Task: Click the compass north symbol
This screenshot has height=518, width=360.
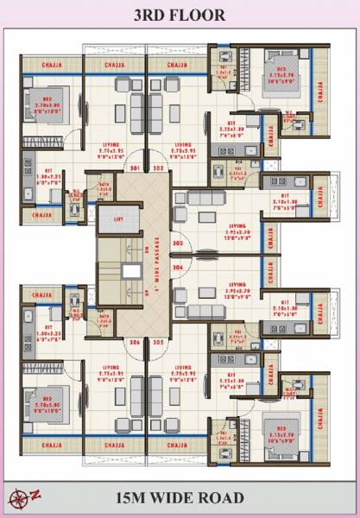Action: pos(18,498)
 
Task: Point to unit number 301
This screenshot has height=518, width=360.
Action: pos(135,169)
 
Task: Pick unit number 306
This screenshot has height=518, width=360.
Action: pos(135,343)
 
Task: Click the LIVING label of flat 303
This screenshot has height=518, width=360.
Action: pos(237,225)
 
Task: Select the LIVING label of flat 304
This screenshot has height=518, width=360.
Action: pos(237,284)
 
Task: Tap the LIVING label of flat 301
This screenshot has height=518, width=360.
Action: pos(119,144)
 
